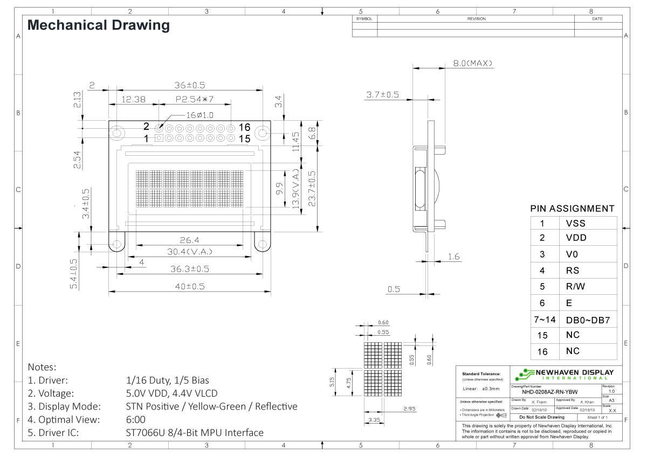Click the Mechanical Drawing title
(98, 25)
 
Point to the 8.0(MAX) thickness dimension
(472, 64)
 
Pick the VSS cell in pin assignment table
(575, 223)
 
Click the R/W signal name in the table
(576, 287)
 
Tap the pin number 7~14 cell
(542, 320)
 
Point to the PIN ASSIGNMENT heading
(572, 209)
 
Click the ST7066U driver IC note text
(195, 432)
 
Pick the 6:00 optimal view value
(135, 419)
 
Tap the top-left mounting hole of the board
(116, 133)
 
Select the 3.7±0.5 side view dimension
(382, 95)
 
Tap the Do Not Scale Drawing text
(541, 417)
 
